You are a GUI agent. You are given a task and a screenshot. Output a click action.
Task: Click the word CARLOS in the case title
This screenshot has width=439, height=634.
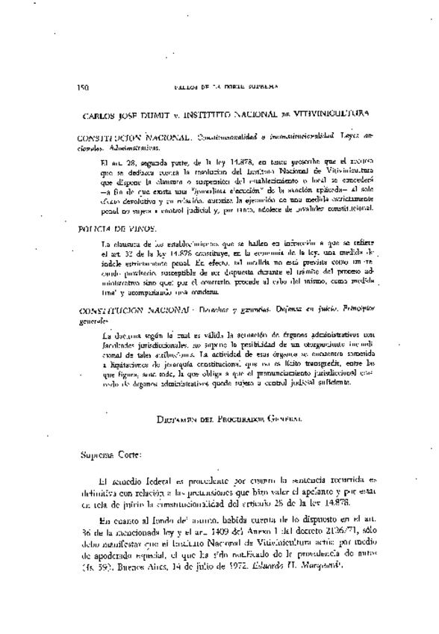point(101,116)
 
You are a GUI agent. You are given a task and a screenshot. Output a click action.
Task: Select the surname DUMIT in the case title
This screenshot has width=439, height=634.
point(161,116)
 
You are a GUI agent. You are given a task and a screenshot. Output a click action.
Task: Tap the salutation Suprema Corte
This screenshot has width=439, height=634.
point(108,453)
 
